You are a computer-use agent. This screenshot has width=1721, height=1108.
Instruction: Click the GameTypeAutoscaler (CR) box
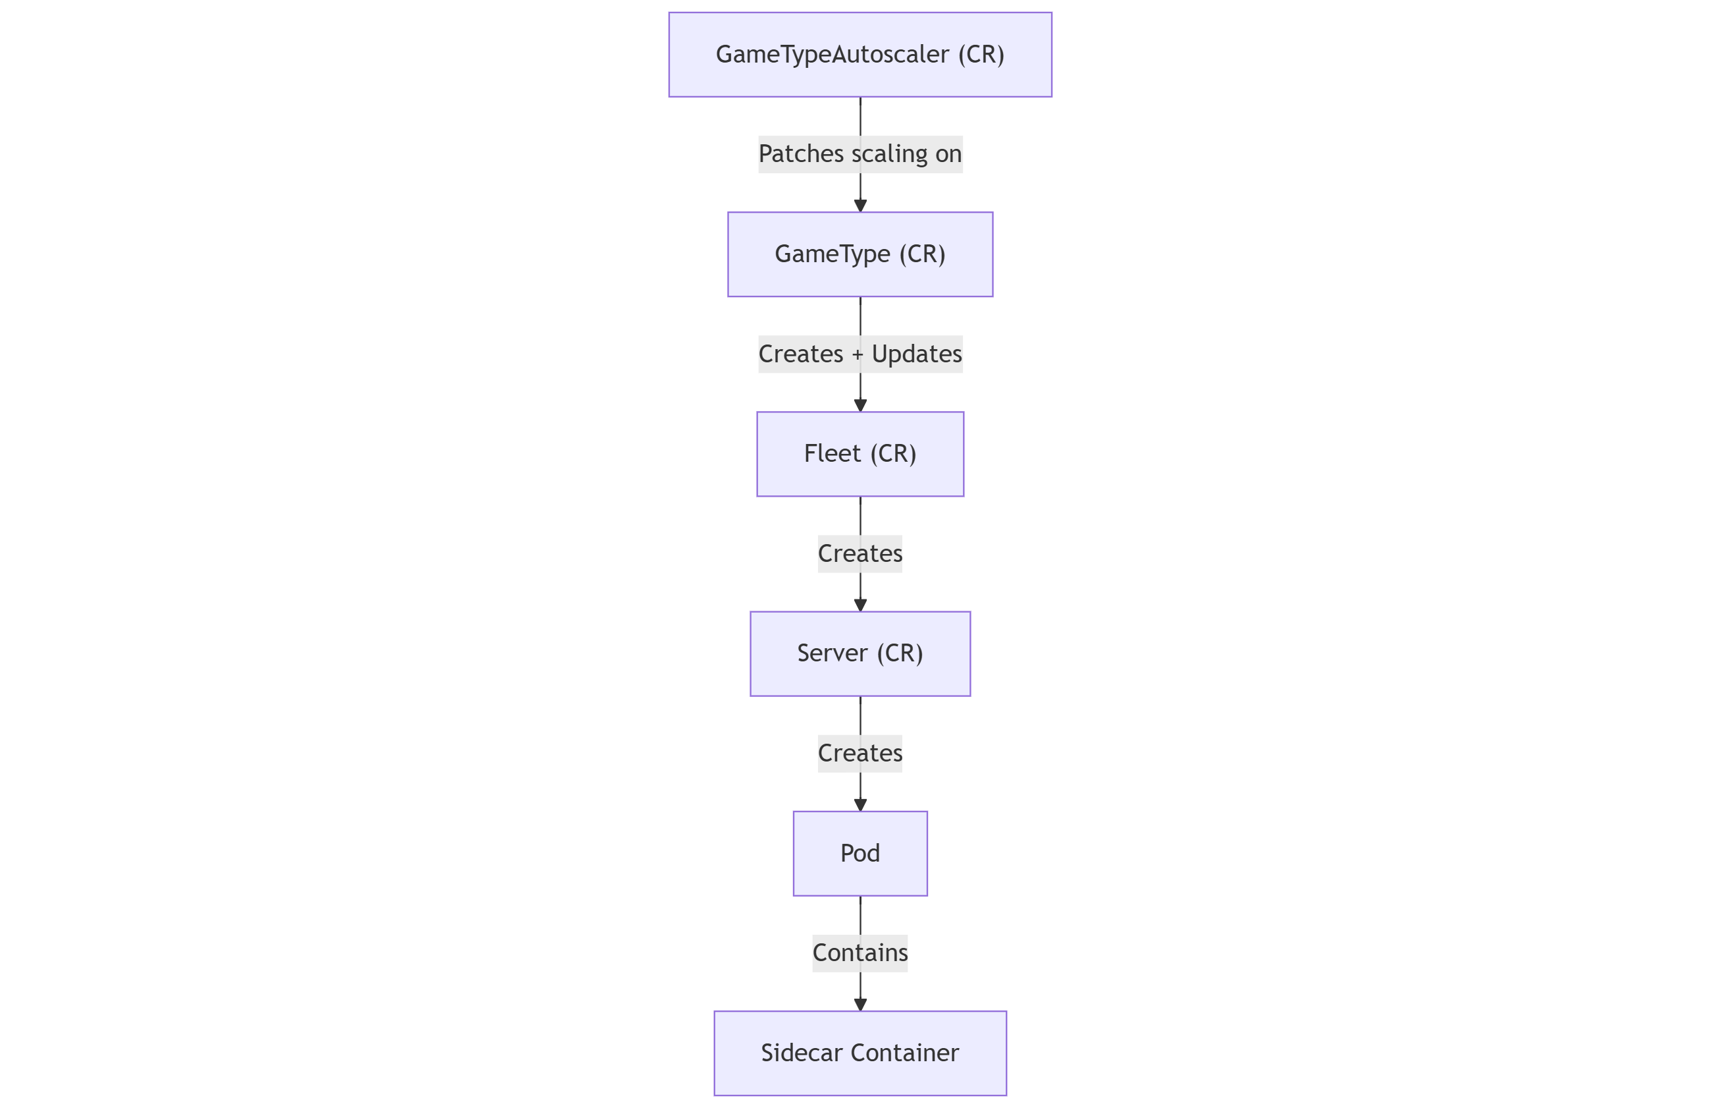tap(860, 55)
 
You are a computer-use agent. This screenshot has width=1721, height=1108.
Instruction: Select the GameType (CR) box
tap(860, 254)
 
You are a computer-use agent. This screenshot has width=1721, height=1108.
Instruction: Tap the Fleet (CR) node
tap(860, 454)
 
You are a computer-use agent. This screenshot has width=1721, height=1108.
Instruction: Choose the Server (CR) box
tap(860, 653)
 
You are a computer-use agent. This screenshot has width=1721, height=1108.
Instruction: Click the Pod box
tap(860, 853)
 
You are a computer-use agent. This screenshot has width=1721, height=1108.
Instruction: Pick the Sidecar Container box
tap(860, 1053)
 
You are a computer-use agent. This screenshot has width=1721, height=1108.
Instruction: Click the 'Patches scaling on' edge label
tap(860, 154)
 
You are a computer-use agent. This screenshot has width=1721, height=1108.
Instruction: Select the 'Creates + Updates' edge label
tap(860, 354)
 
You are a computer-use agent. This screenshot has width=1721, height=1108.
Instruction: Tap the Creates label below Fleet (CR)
tap(860, 553)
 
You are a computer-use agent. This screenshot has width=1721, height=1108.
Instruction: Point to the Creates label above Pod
tap(860, 754)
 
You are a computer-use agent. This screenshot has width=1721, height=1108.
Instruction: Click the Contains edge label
tap(860, 953)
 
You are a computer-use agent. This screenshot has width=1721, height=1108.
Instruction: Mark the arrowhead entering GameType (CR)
tap(860, 206)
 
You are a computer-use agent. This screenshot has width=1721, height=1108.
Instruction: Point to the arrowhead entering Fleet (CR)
tap(860, 406)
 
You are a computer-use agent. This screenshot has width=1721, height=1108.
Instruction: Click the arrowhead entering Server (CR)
tap(860, 605)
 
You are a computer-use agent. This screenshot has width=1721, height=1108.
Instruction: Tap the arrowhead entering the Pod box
tap(860, 805)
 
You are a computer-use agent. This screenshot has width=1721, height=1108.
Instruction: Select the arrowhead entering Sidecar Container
tap(860, 1005)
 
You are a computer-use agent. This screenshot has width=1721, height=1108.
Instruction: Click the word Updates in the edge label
tap(916, 354)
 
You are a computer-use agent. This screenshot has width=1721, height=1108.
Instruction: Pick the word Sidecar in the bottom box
tap(801, 1053)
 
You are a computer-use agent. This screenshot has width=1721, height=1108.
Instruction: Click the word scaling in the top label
tap(889, 154)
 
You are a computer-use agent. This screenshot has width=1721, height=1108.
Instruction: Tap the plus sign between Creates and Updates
tap(858, 354)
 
